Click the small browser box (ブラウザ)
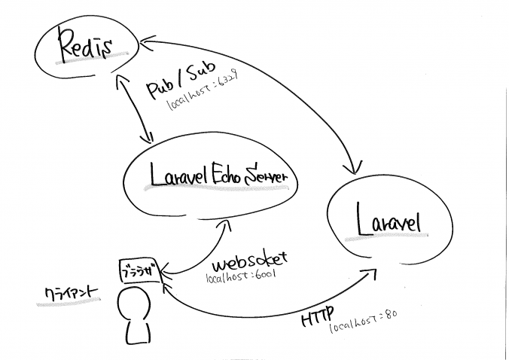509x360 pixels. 140,270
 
